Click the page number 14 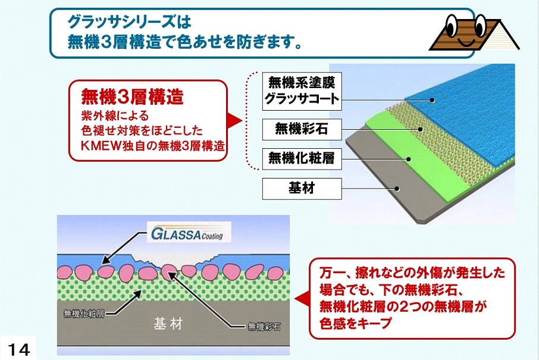point(19,350)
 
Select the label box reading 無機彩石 point(302,129)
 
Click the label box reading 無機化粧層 point(302,159)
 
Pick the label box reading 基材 point(302,189)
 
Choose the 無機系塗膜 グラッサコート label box point(302,91)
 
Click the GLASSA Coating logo point(189,233)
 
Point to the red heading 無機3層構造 point(132,96)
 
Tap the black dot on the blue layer point(432,101)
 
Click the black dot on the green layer point(408,159)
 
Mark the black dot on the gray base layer point(397,189)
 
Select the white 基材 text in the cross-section point(168,324)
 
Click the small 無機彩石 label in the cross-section point(264,326)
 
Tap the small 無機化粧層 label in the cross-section point(84,314)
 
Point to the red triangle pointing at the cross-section point(302,299)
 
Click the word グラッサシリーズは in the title point(129,22)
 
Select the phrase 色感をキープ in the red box point(356,323)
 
